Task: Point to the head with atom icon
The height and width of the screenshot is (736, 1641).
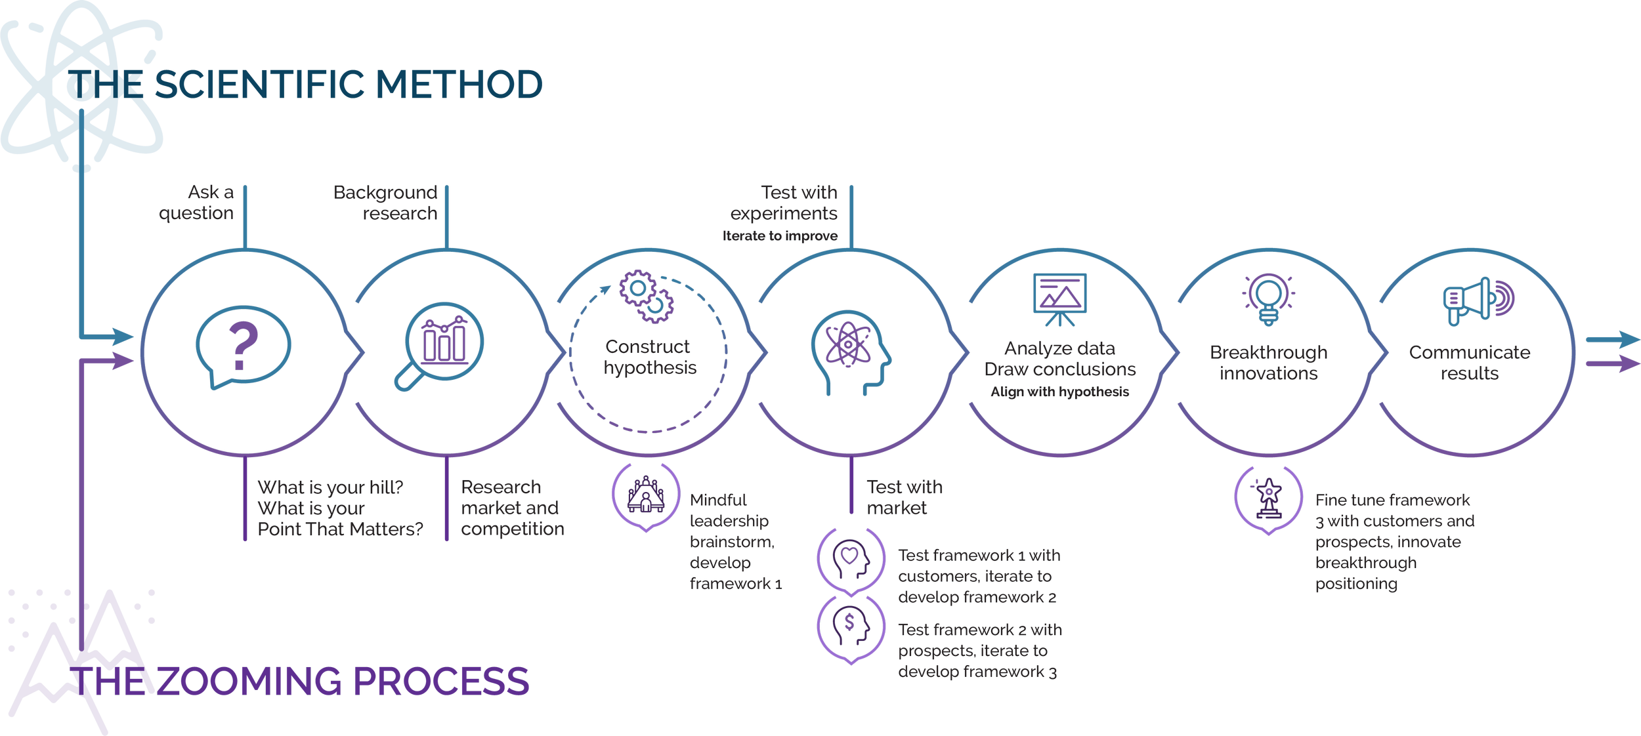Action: coord(851,351)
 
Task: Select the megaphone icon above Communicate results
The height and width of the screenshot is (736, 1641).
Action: coord(1477,300)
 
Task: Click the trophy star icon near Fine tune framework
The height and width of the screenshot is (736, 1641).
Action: coord(1268,499)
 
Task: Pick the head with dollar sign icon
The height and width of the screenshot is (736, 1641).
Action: coord(851,626)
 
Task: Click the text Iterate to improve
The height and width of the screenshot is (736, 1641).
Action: coord(780,236)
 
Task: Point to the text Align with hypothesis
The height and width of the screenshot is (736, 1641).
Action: coord(1059,392)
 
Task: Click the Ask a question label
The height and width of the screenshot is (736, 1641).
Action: coord(197,203)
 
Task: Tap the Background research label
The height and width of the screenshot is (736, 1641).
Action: coord(386,203)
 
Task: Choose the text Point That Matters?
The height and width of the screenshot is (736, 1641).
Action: coord(340,529)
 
